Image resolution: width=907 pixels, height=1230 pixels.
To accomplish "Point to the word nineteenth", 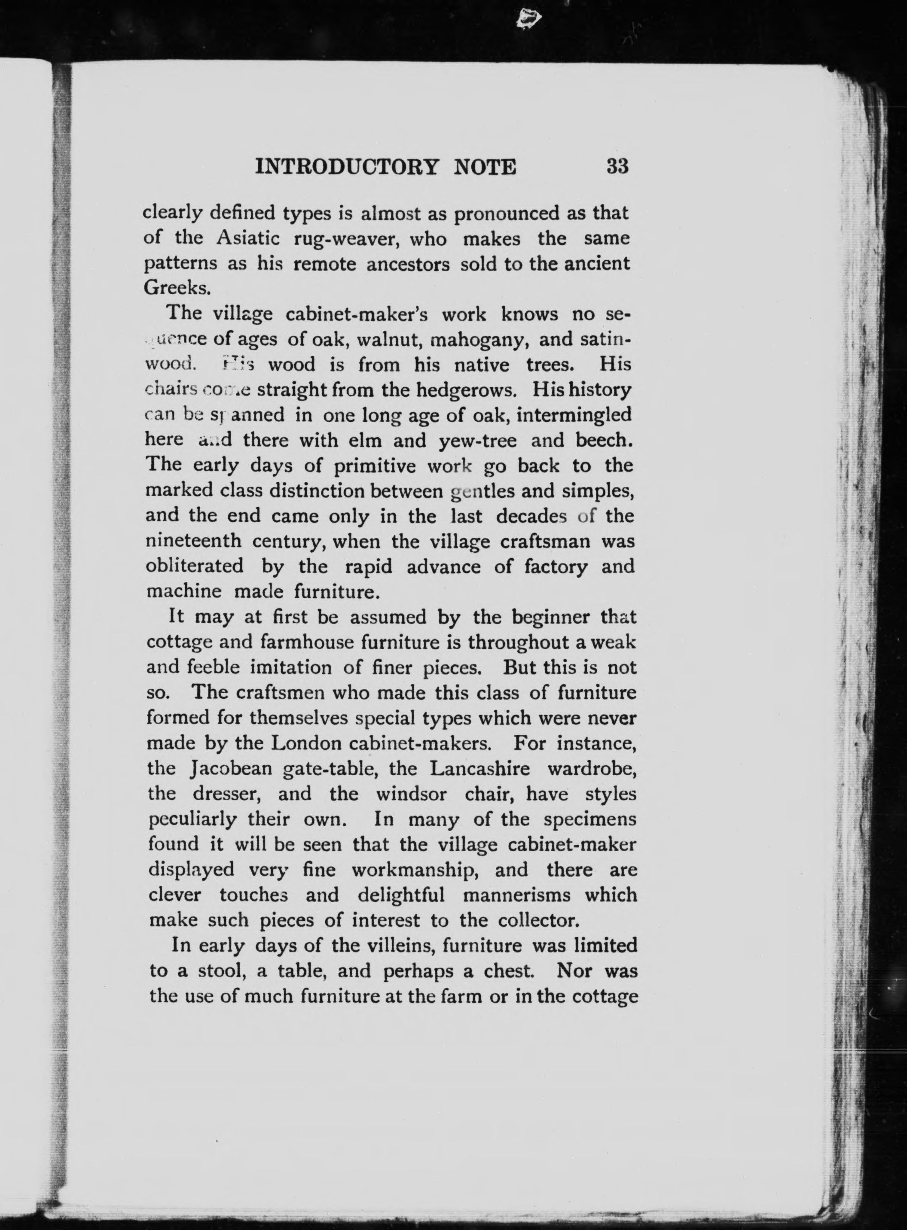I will (x=193, y=541).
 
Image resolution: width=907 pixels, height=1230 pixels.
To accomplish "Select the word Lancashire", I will (x=480, y=768).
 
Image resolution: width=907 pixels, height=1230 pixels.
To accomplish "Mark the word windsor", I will (x=411, y=793).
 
